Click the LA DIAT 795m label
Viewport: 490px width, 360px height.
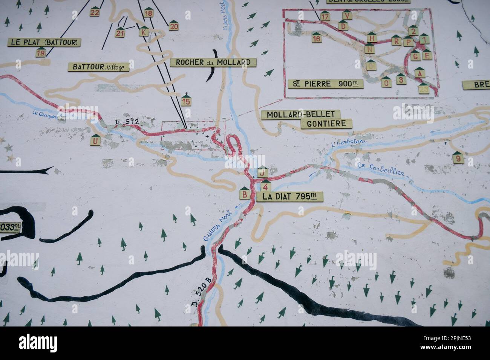(289, 196)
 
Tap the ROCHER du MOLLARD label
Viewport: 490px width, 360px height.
(213, 62)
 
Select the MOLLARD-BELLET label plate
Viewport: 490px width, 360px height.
(301, 114)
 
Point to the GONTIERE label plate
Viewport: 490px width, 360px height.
(326, 123)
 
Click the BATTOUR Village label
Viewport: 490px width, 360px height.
(98, 67)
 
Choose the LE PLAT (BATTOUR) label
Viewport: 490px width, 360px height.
(44, 42)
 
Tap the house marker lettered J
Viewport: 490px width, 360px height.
(262, 172)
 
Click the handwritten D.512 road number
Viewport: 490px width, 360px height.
(127, 122)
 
